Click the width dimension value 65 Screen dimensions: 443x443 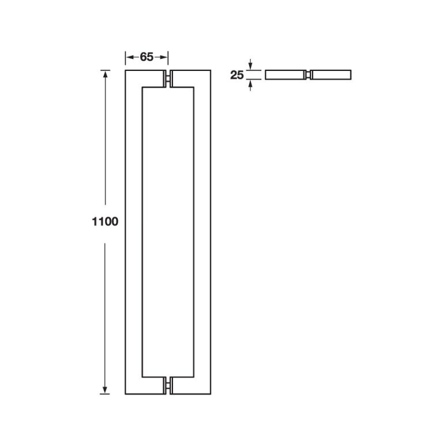147,57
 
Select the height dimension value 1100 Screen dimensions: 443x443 104,221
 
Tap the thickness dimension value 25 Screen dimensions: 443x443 237,75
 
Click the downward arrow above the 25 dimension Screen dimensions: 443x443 250,65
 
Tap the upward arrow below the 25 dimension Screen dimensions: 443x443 250,85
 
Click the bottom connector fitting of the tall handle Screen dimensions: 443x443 169,385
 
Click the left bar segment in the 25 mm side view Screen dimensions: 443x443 284,75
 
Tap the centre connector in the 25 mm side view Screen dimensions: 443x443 308,75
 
